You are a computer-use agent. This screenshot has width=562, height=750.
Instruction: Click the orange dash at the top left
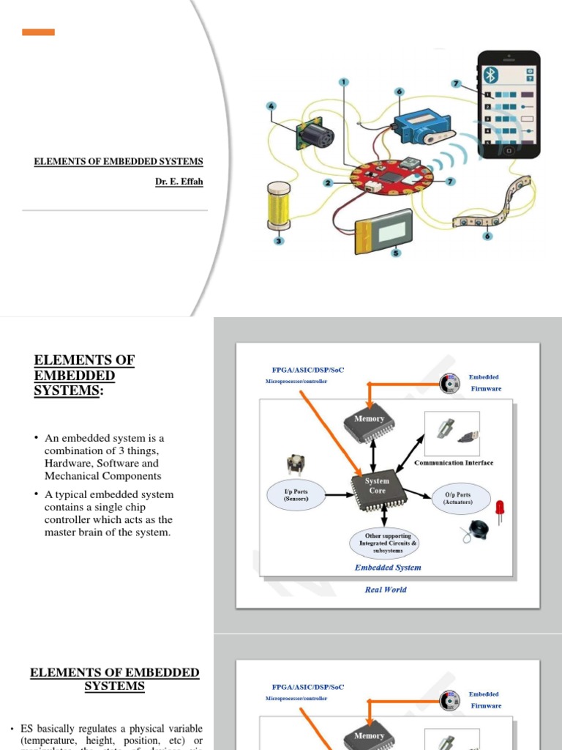pyautogui.click(x=38, y=32)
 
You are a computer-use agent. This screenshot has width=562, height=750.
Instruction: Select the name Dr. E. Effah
pyautogui.click(x=179, y=182)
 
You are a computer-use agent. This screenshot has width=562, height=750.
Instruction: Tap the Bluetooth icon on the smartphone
pyautogui.click(x=491, y=75)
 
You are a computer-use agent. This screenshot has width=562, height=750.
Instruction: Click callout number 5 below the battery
pyautogui.click(x=397, y=253)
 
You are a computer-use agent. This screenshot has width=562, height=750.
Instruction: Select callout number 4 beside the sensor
pyautogui.click(x=271, y=106)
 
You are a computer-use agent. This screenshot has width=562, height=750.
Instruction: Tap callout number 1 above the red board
pyautogui.click(x=344, y=81)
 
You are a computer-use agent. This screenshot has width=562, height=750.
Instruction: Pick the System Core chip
pyautogui.click(x=378, y=487)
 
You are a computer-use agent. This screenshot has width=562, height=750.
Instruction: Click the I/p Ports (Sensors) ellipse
pyautogui.click(x=296, y=494)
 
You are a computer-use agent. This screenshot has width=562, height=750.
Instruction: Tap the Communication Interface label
pyautogui.click(x=454, y=463)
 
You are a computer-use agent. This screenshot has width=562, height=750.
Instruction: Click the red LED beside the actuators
pyautogui.click(x=501, y=507)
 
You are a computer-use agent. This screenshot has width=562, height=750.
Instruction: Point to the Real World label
pyautogui.click(x=386, y=590)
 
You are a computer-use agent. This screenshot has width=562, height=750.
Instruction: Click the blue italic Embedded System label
pyautogui.click(x=388, y=568)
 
